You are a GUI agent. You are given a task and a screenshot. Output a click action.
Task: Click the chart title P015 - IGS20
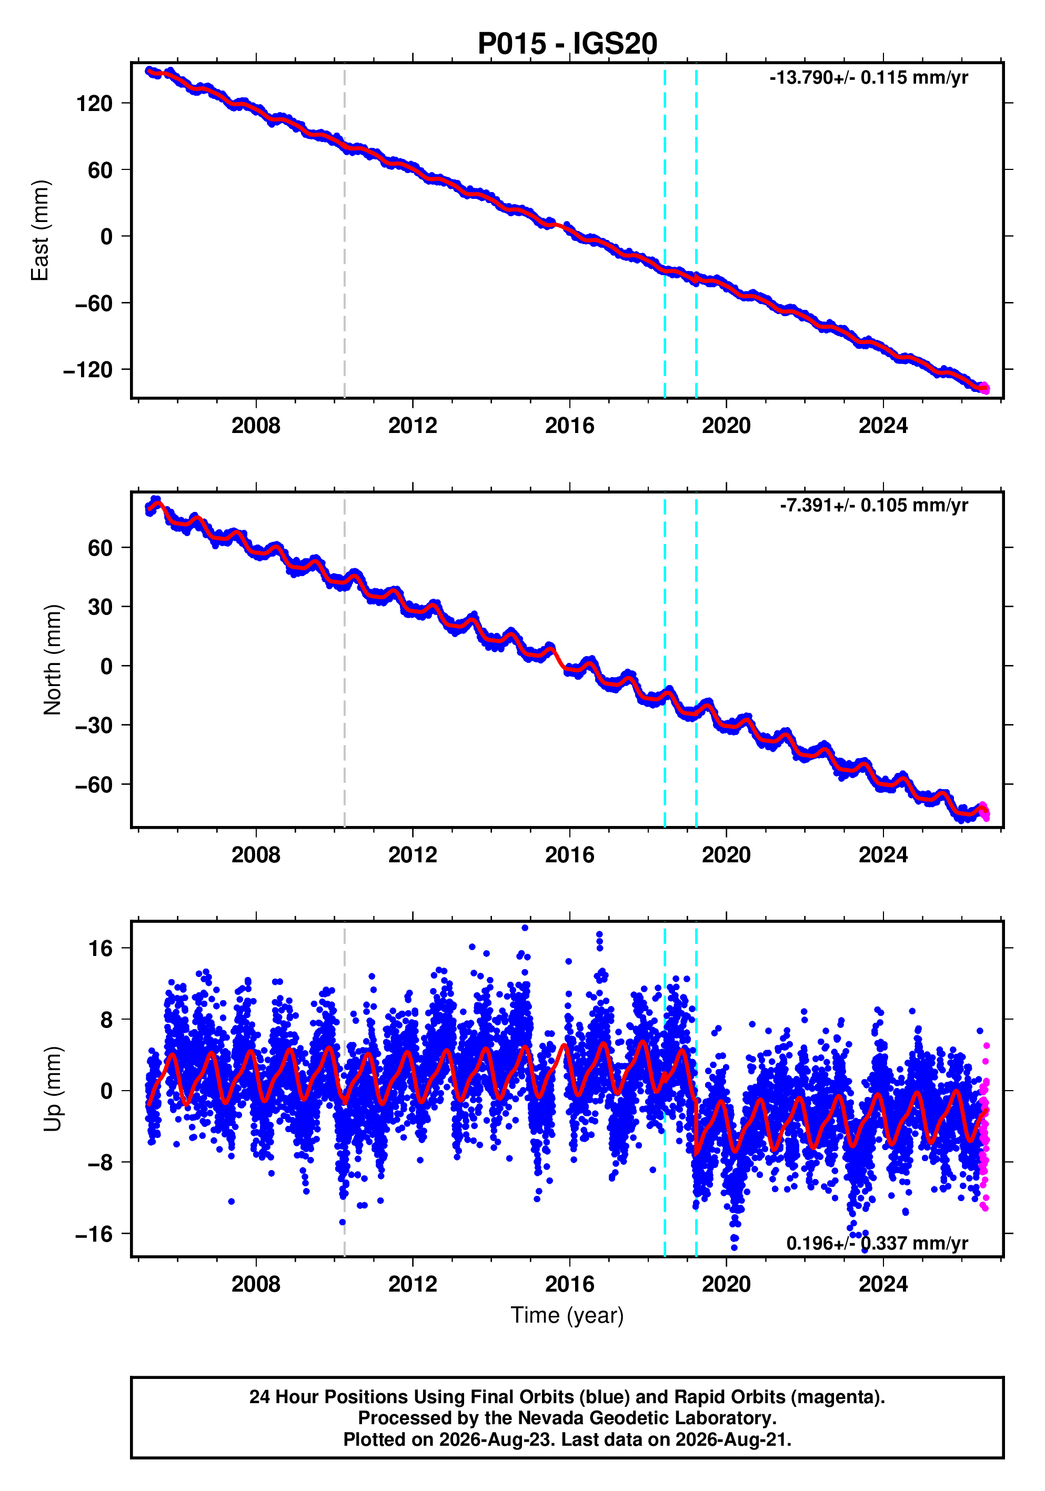[x=567, y=44]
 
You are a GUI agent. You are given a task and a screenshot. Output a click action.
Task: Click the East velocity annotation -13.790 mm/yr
[x=868, y=78]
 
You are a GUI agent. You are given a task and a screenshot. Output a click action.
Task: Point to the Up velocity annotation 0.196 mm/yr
[x=877, y=1243]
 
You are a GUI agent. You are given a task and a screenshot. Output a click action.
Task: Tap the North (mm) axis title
[x=53, y=660]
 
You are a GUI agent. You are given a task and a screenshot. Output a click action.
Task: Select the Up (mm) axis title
[x=53, y=1089]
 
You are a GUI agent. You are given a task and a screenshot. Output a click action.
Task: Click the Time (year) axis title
[x=567, y=1315]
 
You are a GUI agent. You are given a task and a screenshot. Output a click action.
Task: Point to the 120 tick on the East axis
[x=94, y=103]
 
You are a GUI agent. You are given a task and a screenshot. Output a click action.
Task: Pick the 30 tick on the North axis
[x=100, y=607]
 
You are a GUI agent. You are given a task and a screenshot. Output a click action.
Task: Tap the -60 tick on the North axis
[x=94, y=785]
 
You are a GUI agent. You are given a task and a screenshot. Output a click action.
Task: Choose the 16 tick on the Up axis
[x=101, y=949]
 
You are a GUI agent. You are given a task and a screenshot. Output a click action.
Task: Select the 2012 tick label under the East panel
[x=413, y=426]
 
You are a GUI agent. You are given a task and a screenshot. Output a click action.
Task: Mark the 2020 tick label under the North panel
[x=726, y=855]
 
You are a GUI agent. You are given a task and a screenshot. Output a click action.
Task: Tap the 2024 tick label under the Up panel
[x=883, y=1284]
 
